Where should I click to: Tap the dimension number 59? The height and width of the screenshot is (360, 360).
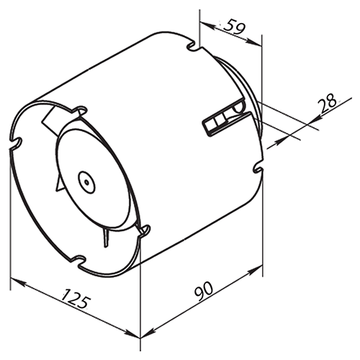click(x=233, y=27)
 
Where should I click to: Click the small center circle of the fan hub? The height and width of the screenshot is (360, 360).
click(x=87, y=182)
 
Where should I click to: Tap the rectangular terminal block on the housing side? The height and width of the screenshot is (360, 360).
click(x=224, y=122)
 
